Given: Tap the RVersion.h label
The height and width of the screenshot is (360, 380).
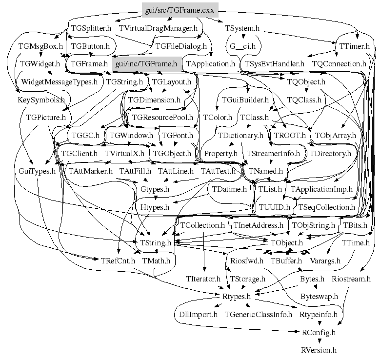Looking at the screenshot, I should point(319,350).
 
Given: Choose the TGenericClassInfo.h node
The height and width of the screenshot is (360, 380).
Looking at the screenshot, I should point(258,314).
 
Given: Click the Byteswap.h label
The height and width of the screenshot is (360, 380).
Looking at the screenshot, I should point(319,296).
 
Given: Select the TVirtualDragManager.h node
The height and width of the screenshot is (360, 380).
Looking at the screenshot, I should point(158,28).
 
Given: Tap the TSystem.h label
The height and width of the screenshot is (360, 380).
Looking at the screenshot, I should point(242,28).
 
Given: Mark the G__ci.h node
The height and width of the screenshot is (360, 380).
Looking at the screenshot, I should point(242,46).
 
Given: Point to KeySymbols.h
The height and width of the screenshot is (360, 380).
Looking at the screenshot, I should point(41,100).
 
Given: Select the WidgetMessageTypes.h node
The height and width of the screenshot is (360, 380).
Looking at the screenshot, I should point(60,82).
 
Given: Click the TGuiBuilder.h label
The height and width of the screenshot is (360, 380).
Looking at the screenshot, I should point(245,100).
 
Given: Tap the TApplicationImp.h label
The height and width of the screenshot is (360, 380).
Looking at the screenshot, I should point(321,189).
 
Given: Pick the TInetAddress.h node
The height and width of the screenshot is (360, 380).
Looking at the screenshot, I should point(258,225).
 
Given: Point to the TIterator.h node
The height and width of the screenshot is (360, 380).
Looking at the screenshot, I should point(203,279).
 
